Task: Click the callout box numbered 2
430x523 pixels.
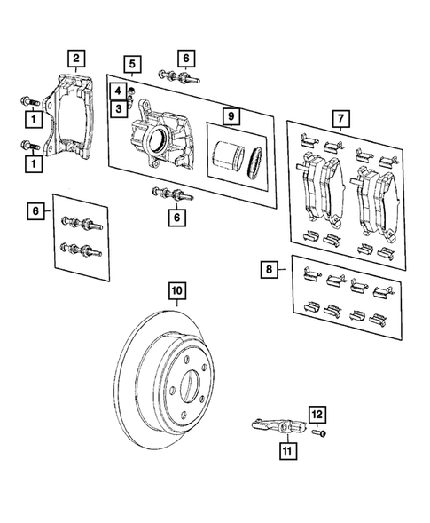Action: pyautogui.click(x=77, y=59)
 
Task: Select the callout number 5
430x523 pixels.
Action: pyautogui.click(x=131, y=64)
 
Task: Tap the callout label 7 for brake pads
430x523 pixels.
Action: pyautogui.click(x=338, y=117)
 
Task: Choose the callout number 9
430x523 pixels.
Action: pyautogui.click(x=230, y=116)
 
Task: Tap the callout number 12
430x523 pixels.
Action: pyautogui.click(x=317, y=413)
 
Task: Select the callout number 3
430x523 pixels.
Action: pyautogui.click(x=116, y=107)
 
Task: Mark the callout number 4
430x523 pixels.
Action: pyautogui.click(x=116, y=90)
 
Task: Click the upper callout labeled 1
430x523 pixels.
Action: pyautogui.click(x=33, y=118)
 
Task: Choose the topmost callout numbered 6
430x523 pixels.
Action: pyautogui.click(x=184, y=58)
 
